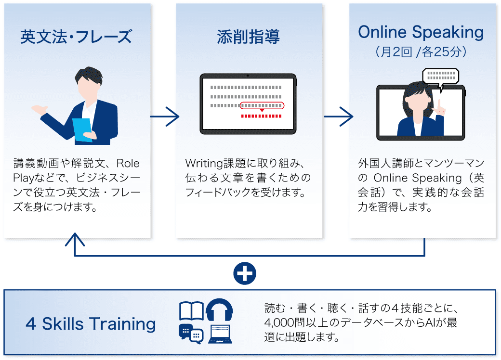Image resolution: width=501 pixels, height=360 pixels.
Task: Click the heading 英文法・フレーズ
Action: coord(76,37)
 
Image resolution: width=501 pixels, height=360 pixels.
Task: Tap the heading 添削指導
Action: coord(248,37)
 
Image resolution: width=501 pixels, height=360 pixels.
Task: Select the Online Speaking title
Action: coord(421,33)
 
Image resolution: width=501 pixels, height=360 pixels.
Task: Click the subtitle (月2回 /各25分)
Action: coord(421,51)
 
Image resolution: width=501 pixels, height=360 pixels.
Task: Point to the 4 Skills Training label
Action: coord(91,323)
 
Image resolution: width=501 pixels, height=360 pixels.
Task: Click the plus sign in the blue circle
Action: coord(245,273)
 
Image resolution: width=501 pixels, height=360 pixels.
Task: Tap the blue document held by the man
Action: coord(82,130)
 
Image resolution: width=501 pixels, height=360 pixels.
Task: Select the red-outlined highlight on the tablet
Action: coord(262,105)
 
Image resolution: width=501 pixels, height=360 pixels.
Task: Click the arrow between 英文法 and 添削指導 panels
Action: coord(165,116)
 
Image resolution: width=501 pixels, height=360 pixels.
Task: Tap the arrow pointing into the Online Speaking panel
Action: coord(338,116)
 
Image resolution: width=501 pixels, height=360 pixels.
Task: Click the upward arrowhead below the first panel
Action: coord(75,239)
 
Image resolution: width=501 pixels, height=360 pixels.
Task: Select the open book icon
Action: coord(191,310)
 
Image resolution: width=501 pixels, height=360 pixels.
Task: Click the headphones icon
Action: coord(219,309)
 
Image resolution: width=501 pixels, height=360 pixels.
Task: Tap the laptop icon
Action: coord(220,334)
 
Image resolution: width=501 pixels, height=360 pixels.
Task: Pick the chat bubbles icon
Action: coord(191,334)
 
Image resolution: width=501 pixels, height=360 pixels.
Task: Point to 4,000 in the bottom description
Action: coord(280,322)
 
